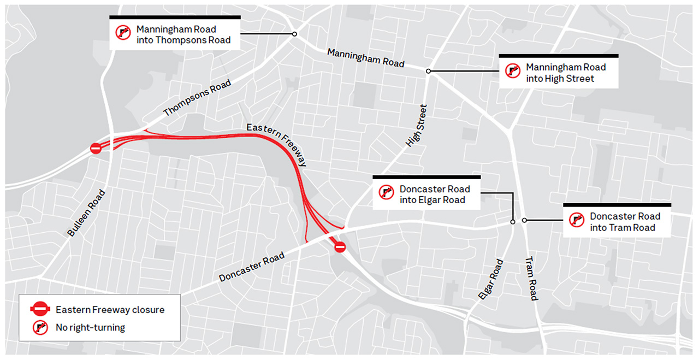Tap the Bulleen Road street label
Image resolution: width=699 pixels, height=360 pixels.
tap(86, 213)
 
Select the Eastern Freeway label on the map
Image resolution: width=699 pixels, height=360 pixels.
tap(276, 144)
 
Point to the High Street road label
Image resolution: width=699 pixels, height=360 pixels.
tap(416, 126)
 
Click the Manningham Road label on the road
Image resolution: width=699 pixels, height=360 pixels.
tap(365, 58)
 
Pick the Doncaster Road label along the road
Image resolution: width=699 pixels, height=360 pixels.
tap(252, 267)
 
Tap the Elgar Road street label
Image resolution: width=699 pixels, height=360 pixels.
tap(490, 279)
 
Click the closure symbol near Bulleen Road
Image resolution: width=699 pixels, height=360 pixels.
tap(96, 148)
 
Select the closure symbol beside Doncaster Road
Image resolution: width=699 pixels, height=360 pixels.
tap(340, 247)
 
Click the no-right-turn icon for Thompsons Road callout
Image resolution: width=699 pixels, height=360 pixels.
tap(123, 33)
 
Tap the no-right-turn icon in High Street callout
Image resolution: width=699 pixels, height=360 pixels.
tap(512, 71)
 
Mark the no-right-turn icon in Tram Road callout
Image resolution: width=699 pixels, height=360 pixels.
tap(576, 220)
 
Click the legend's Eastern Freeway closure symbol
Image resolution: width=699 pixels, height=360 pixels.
tap(40, 310)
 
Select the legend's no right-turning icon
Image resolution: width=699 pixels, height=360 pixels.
tap(40, 328)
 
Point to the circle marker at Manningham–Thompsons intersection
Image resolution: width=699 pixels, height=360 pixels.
tap(294, 34)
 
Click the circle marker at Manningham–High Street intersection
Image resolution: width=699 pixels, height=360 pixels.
tap(428, 71)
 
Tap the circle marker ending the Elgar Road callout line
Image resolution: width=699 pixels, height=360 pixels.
tap(512, 222)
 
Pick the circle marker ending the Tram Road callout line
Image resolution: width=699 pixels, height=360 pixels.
tap(524, 220)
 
